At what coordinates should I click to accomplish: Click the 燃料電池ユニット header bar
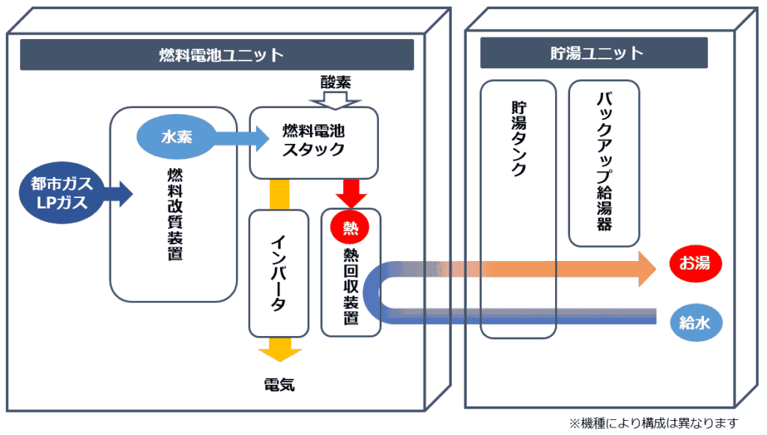click(x=216, y=55)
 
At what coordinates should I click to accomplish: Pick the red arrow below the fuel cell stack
click(x=351, y=193)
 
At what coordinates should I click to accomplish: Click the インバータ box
click(x=278, y=273)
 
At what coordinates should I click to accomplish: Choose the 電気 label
click(x=279, y=385)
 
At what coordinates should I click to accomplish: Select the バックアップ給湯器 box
click(x=604, y=163)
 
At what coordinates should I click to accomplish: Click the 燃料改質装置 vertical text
click(x=175, y=214)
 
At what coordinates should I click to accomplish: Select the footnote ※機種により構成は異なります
click(x=654, y=422)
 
